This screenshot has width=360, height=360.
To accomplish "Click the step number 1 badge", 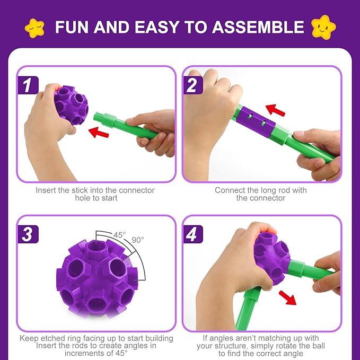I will (27, 84).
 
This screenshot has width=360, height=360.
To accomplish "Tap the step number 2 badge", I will (192, 84).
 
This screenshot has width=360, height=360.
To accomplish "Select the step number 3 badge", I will (27, 233).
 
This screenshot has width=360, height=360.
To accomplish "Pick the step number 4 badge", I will (192, 233).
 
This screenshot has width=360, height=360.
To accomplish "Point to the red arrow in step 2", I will (275, 110).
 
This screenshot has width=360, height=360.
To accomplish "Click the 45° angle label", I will (120, 234).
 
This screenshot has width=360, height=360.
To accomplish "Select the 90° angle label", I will (138, 240).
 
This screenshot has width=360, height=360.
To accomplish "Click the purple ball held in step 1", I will (72, 103).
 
